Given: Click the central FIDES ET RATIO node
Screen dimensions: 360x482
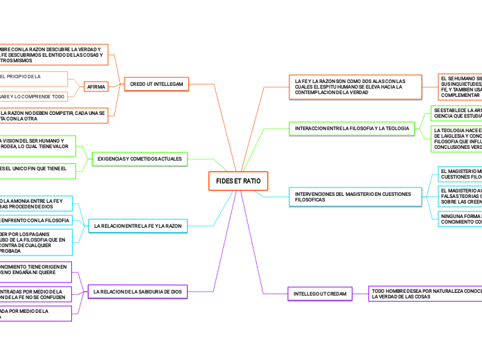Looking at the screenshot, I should point(238,180).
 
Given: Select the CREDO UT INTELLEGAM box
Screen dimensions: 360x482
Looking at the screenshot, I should point(157,84).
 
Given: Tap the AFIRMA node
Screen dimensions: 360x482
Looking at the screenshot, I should point(96,87).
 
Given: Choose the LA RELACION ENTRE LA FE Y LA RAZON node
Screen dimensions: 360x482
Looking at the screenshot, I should point(138,226).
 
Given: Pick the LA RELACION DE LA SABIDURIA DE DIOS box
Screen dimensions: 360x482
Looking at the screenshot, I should point(138,292).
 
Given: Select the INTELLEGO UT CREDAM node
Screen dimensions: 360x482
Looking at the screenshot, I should point(319,294).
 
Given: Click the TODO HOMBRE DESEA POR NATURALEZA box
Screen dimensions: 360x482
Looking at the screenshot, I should point(425,294).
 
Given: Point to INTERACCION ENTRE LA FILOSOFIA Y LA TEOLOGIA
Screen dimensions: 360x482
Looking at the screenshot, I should point(352,129).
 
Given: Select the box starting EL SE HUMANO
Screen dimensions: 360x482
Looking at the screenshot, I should point(458,87).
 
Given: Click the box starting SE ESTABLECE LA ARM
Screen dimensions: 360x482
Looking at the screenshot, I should point(456,112).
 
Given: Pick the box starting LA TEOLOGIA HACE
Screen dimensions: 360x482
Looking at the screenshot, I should point(456,138).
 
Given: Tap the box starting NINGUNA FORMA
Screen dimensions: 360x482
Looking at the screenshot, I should point(457,219).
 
